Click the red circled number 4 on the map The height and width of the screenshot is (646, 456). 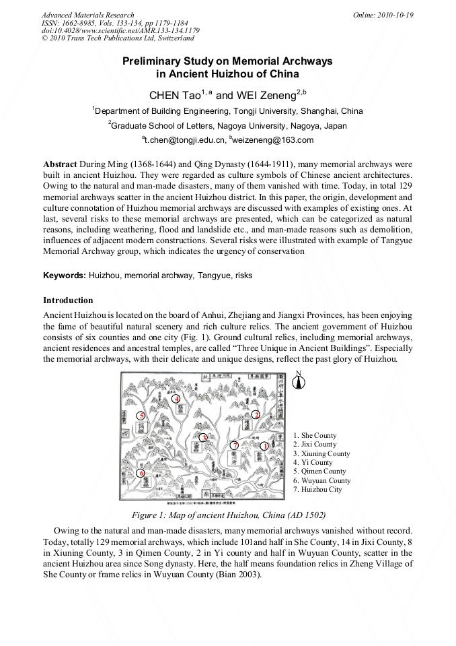tap(177, 399)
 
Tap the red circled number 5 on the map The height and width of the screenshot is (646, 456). tap(141, 416)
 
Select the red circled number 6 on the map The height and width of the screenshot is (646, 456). tap(141, 473)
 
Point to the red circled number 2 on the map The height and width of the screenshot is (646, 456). tap(256, 415)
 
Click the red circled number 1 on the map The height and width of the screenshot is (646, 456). tap(264, 446)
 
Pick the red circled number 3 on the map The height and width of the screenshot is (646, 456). tap(203, 438)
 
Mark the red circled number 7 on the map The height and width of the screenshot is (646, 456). tap(234, 445)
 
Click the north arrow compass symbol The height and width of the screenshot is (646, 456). tap(300, 381)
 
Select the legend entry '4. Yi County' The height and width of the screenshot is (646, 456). tap(313, 463)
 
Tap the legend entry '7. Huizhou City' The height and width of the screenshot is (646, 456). tap(317, 490)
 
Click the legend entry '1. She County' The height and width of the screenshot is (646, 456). tap(315, 436)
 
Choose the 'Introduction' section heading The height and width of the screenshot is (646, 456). tap(68, 300)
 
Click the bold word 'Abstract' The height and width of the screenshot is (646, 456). tap(60, 164)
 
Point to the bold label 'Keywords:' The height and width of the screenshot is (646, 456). tap(65, 276)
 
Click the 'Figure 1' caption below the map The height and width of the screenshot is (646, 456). tap(227, 515)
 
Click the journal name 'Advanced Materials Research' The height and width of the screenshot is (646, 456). tap(87, 15)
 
